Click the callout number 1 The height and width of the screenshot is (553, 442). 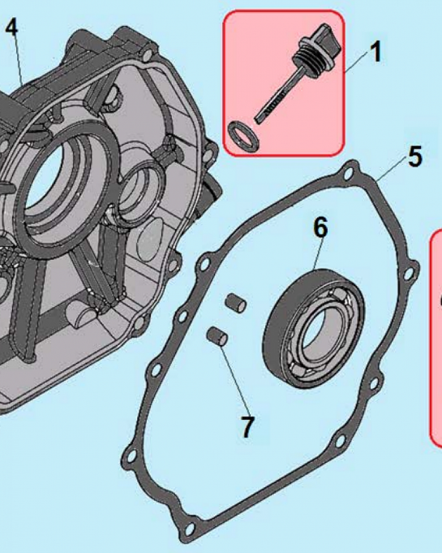[x=375, y=53]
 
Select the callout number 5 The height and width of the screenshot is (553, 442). [x=415, y=157]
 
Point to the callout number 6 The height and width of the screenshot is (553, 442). [x=321, y=228]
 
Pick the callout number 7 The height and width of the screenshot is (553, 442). [x=247, y=426]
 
